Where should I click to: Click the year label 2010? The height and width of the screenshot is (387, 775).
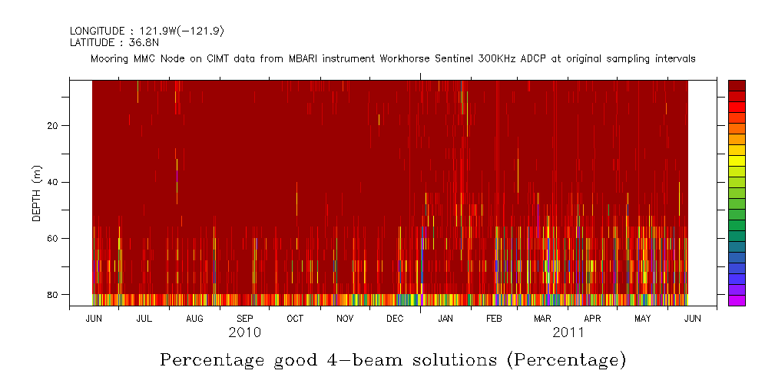click(x=244, y=332)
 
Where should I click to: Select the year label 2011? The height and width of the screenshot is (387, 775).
click(x=568, y=332)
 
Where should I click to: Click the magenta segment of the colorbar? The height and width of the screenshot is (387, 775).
click(x=737, y=300)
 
